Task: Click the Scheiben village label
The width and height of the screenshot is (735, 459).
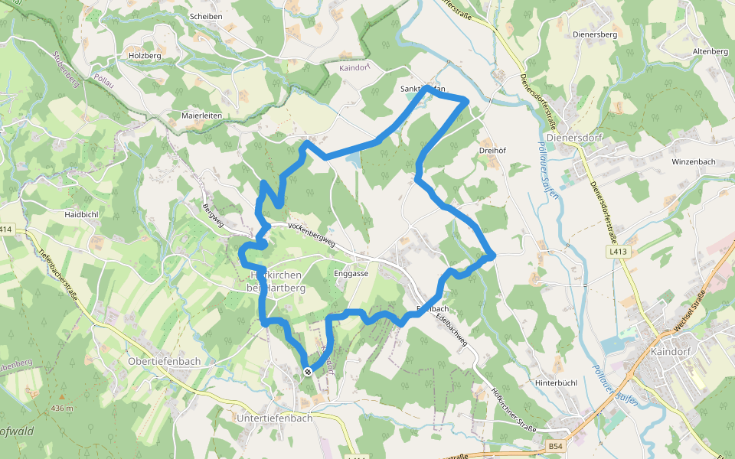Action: coord(205,16)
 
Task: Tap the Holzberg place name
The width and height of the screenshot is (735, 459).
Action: coord(145,56)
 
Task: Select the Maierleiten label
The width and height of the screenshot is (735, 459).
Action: coord(201,116)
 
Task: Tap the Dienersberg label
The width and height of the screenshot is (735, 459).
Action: coord(595,34)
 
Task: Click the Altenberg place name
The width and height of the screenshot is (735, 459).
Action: coord(710,51)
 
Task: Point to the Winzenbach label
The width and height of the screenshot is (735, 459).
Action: coord(693,162)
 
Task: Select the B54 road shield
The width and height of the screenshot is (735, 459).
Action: coord(556,445)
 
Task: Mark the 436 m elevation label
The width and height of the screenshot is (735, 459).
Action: coord(63,409)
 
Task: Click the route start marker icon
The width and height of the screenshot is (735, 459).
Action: coord(308,372)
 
